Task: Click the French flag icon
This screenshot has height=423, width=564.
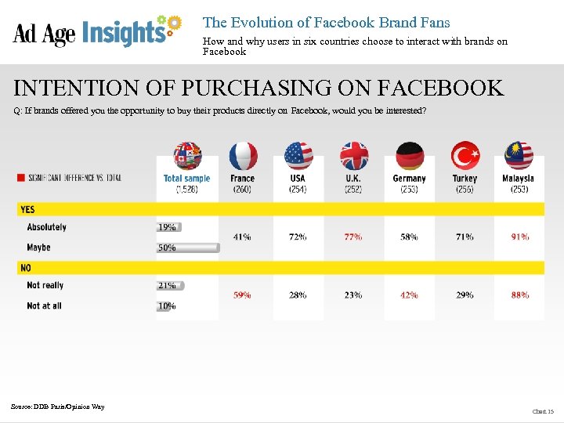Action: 243,156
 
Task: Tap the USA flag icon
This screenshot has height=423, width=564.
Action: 298,156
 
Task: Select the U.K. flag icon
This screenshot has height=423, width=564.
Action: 353,156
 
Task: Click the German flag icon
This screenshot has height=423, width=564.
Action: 409,156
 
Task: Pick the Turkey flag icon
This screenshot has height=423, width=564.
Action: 465,156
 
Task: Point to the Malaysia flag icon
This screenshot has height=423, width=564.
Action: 519,156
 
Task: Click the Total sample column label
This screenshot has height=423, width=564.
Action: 186,179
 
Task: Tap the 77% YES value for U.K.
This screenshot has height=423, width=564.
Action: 353,237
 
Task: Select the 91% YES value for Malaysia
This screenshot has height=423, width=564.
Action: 519,237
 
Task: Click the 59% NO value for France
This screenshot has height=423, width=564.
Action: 242,295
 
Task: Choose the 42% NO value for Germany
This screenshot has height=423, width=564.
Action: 409,295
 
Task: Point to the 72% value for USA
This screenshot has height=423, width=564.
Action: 298,237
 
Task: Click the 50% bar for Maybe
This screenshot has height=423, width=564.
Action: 188,248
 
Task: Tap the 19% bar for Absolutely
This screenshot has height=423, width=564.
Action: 168,227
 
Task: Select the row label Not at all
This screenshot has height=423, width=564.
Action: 44,305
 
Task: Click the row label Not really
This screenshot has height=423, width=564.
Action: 45,285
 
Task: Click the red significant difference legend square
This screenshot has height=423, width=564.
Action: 20,178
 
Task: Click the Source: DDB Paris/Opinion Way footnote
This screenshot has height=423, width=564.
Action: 57,406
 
